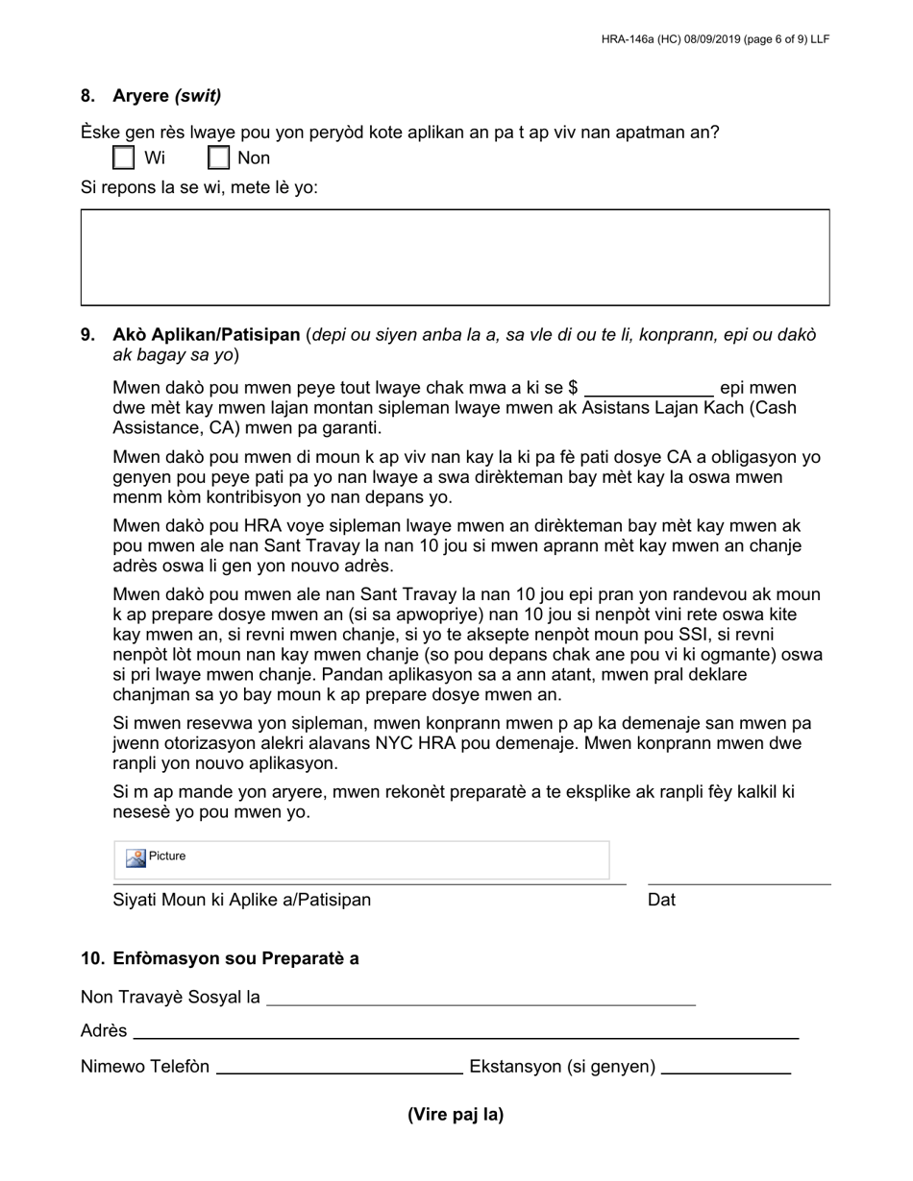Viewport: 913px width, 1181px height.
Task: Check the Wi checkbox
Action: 123,157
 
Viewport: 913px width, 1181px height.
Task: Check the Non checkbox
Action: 219,157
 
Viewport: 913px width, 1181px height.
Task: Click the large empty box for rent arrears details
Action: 455,257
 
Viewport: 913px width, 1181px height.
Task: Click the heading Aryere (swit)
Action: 166,96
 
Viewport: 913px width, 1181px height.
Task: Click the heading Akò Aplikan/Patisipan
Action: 206,335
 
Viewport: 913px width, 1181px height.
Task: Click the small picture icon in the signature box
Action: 136,857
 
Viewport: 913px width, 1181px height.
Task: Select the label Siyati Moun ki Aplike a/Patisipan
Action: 241,900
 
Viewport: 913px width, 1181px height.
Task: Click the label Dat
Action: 661,900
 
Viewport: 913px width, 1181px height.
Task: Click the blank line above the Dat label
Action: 738,876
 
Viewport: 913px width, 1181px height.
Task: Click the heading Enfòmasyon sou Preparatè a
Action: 235,958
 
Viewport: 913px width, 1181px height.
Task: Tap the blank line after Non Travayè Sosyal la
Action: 481,1000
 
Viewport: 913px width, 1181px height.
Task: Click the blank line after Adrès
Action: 466,1033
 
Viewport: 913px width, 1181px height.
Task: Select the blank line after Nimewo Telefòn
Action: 339,1069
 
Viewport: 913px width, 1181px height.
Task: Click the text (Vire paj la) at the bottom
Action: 456,1115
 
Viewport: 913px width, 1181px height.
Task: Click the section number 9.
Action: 87,335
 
